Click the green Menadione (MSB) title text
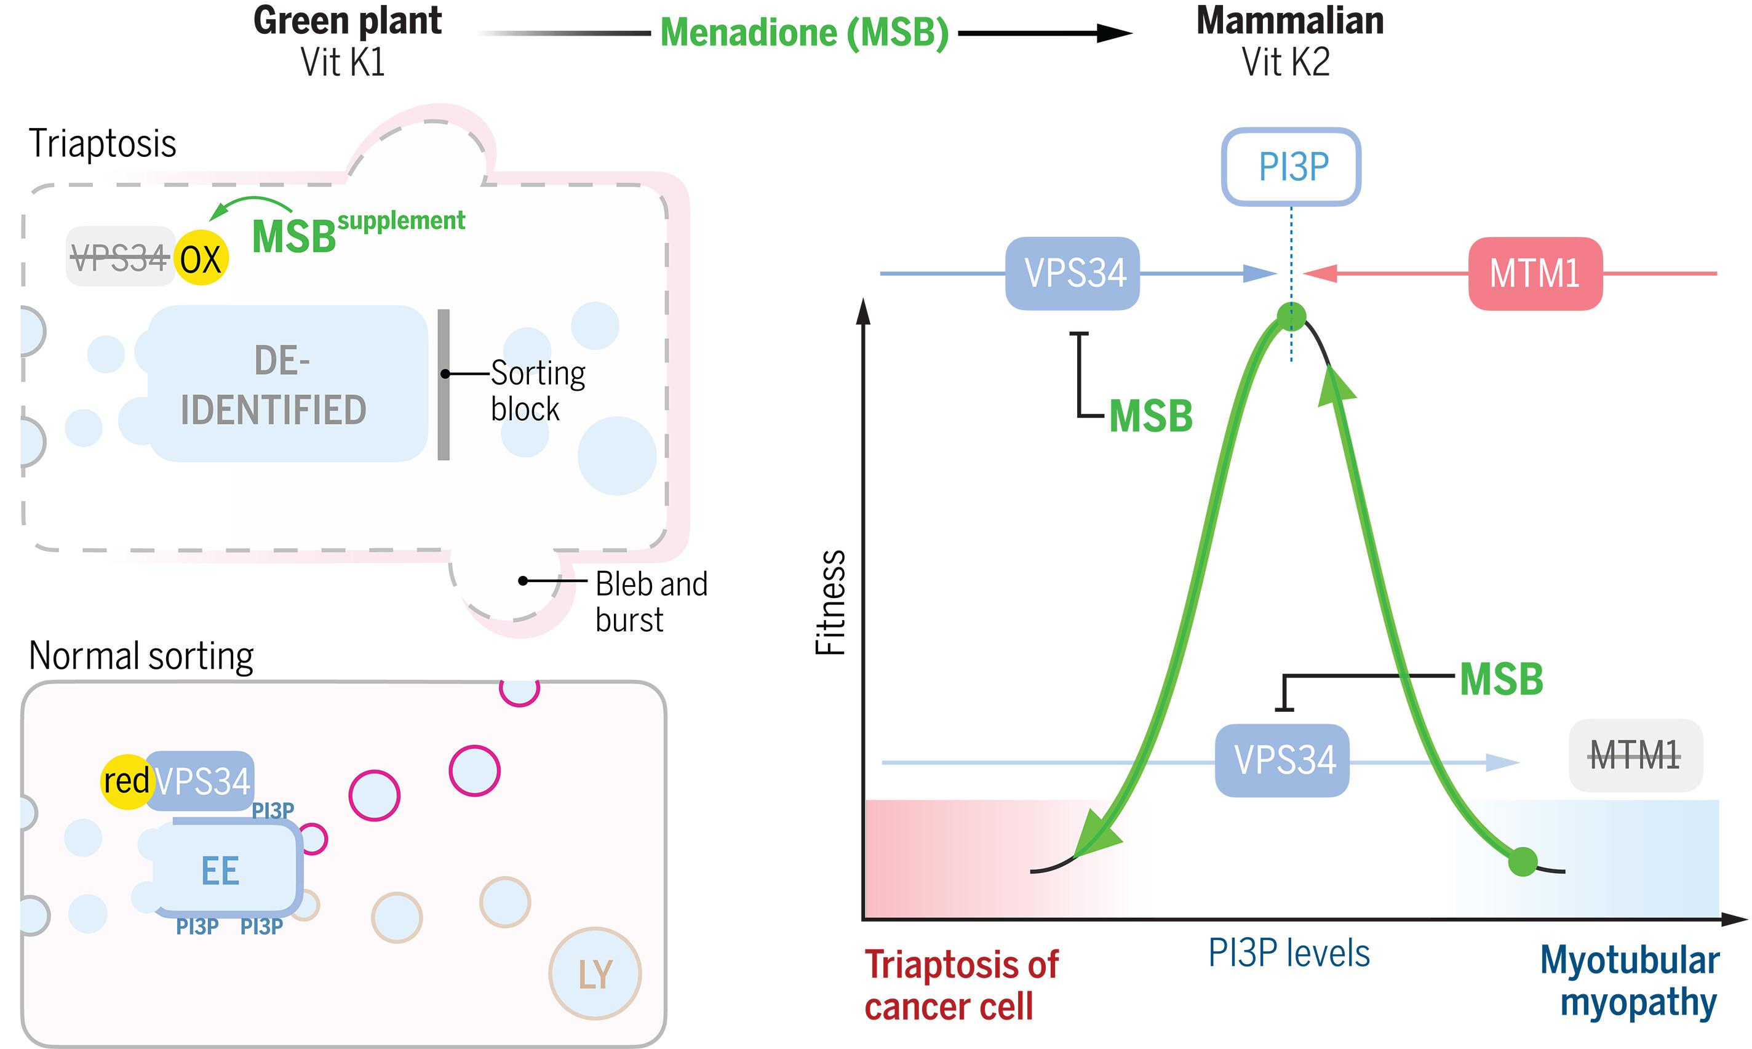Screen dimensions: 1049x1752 [803, 33]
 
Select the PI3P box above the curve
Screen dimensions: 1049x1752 [1291, 167]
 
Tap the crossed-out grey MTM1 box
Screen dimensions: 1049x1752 [1635, 755]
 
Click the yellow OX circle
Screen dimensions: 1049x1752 [201, 259]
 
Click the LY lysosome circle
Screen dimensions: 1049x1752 [595, 973]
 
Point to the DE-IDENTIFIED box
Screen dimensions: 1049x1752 [283, 384]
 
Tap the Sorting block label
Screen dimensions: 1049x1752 [537, 391]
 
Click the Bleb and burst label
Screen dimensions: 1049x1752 [650, 602]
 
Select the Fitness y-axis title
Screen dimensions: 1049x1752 [830, 602]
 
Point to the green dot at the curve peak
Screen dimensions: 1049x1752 [1291, 317]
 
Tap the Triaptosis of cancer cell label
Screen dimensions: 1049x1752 [961, 984]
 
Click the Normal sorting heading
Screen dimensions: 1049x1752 [141, 656]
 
